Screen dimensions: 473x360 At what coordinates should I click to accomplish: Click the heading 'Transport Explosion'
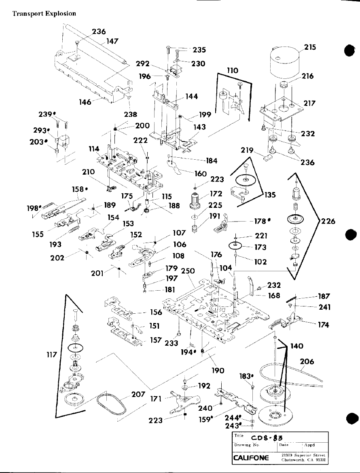coord(44,13)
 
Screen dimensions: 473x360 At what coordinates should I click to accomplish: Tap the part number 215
coord(310,47)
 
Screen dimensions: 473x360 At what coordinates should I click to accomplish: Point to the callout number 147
coord(112,42)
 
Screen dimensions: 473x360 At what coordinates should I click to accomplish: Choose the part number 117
coord(54,355)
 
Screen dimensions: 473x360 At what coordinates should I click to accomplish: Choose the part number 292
coord(142,63)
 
